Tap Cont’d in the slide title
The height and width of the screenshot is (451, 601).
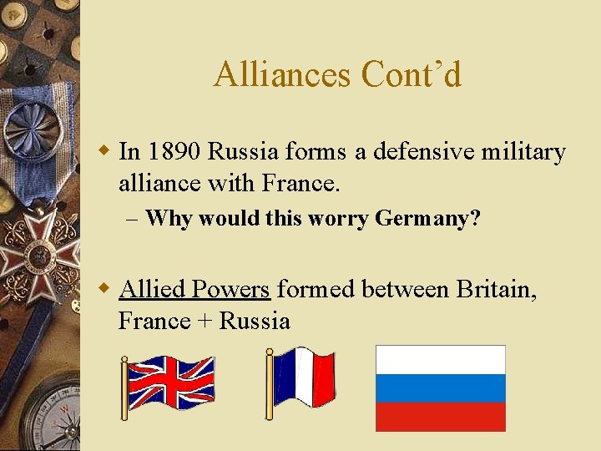point(411,75)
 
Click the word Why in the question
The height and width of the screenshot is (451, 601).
point(168,219)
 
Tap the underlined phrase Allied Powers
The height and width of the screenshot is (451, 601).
point(194,289)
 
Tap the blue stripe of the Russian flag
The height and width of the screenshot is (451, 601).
point(440,388)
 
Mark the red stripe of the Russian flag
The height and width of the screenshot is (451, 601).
point(440,417)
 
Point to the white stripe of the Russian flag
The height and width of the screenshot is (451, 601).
point(440,360)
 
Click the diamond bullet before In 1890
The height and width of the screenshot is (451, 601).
point(104,152)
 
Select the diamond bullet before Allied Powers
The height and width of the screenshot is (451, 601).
point(104,289)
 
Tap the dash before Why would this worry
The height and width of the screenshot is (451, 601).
point(134,220)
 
